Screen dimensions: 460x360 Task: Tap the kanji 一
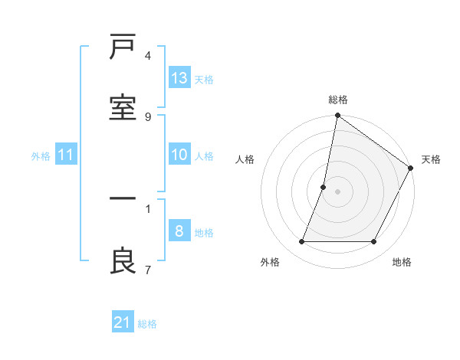(x=123, y=199)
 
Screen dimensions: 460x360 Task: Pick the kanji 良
(x=123, y=260)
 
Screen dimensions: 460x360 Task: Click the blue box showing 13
(x=179, y=78)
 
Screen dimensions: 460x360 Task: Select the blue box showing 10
(x=179, y=155)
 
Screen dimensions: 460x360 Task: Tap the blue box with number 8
(x=179, y=231)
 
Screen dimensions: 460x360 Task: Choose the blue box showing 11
(x=66, y=155)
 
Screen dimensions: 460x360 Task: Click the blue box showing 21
(x=123, y=323)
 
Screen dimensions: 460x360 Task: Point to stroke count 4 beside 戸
(x=148, y=55)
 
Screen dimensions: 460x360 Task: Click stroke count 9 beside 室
(x=148, y=116)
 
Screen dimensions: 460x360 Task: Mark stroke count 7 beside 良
(x=148, y=270)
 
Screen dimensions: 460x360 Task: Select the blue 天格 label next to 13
(x=204, y=79)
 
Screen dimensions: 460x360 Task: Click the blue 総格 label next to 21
(x=147, y=324)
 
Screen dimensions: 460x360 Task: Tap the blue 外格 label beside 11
(x=41, y=155)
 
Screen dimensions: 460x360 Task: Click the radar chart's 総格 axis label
(x=338, y=100)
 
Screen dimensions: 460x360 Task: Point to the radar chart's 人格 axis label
(x=245, y=159)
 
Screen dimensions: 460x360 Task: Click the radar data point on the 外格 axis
(x=301, y=242)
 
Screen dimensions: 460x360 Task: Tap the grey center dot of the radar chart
(x=337, y=191)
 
